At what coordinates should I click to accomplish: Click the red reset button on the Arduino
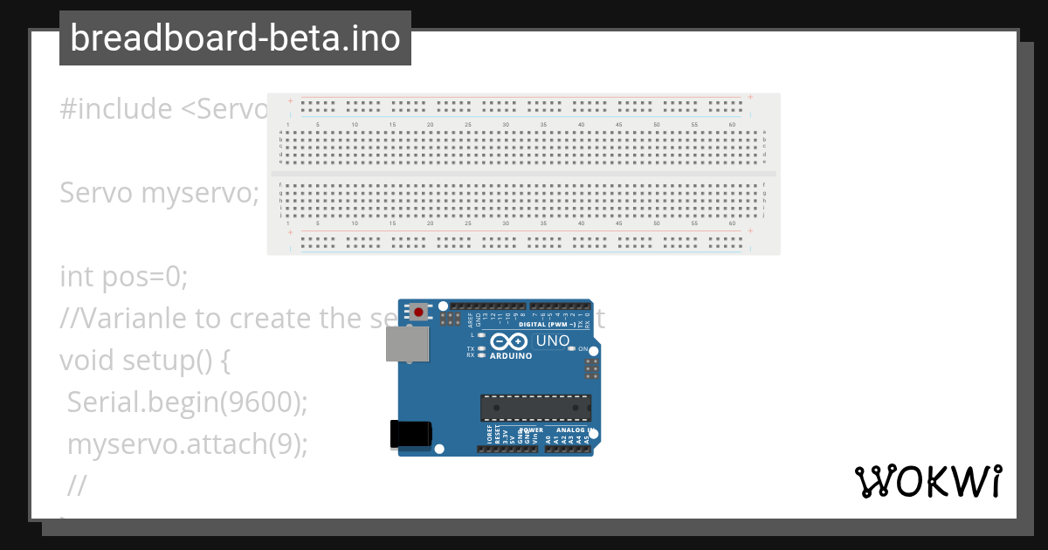coord(420,312)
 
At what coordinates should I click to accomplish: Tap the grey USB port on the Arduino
coord(407,344)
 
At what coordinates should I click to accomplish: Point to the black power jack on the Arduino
coord(410,434)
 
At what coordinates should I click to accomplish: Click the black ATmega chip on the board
coord(535,408)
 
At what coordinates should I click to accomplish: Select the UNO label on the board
coord(553,340)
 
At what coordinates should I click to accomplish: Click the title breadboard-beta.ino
coord(235,38)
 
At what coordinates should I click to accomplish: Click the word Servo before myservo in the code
coord(96,192)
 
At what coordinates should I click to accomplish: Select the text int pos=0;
coord(124,277)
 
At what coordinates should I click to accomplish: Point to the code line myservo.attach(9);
coord(188,443)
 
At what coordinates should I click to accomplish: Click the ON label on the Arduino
coord(583,348)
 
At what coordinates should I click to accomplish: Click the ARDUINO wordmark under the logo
coord(511,356)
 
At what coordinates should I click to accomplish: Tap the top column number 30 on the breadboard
coord(506,125)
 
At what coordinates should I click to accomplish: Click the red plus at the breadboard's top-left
coord(289,100)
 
